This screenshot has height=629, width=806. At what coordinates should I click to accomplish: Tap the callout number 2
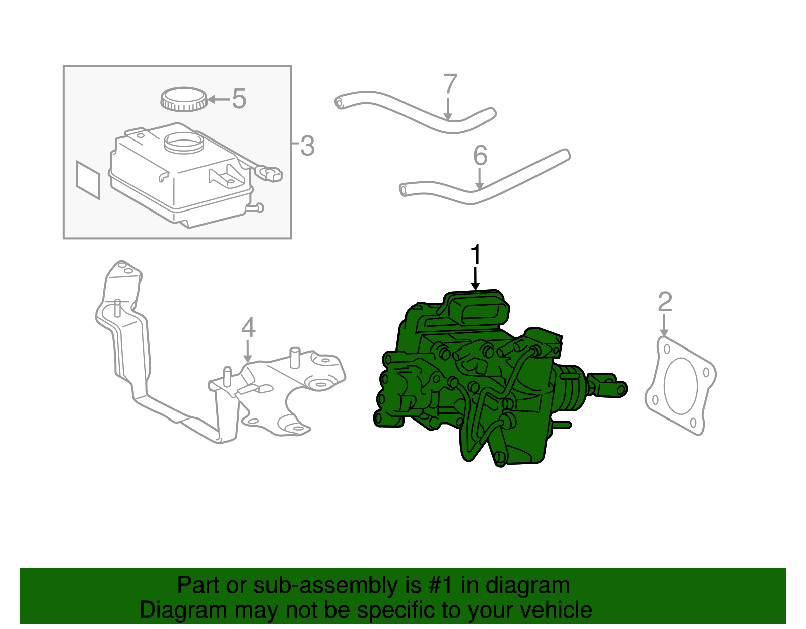coord(665,302)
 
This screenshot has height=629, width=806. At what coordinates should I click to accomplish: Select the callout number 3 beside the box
coord(307,146)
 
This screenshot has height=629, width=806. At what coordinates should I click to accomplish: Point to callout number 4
coord(248,328)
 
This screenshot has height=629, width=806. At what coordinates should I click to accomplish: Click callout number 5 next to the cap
coord(239,99)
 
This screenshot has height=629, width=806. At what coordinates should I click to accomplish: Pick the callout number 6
coord(480,156)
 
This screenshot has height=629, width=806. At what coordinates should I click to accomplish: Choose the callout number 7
coord(450,84)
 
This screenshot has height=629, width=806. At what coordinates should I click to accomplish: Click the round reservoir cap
coord(184,99)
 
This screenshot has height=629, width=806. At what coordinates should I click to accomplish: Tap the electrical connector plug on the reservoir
coord(271,174)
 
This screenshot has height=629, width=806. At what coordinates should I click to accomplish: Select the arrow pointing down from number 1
coord(475,279)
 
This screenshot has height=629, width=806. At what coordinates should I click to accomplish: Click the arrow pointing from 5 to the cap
coord(218,99)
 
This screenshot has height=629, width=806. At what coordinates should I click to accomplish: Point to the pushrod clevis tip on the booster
coord(621,389)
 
